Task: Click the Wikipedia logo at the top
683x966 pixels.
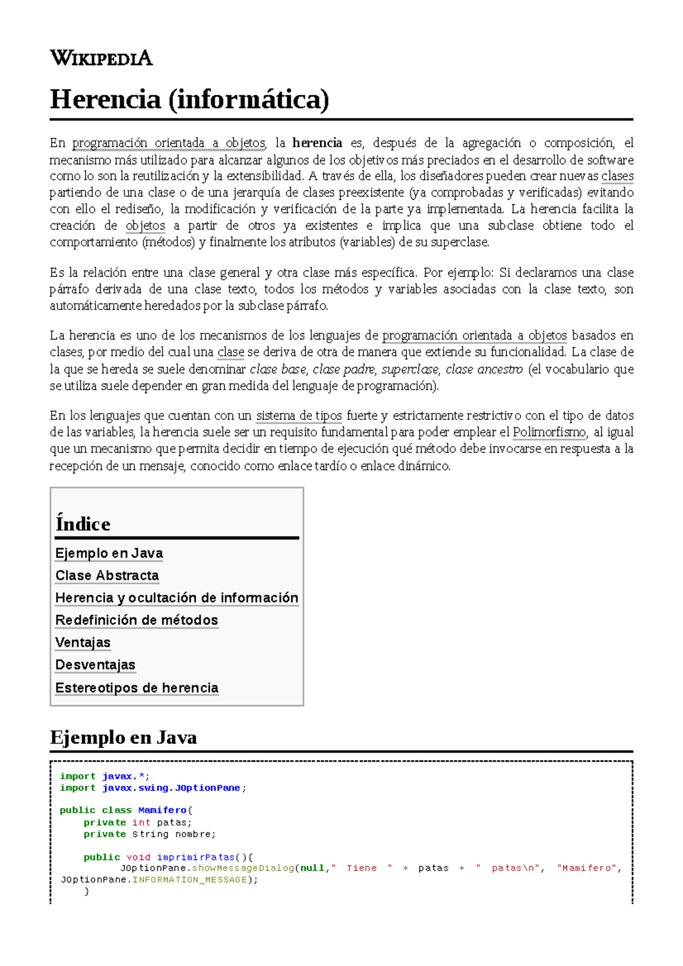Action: tap(101, 58)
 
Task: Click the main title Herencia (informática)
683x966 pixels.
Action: tap(190, 100)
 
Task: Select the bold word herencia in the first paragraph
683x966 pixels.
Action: tap(317, 143)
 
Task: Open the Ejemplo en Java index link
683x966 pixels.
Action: tap(109, 553)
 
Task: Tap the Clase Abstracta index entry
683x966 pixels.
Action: tap(107, 575)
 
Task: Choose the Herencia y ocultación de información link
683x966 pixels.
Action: tap(176, 597)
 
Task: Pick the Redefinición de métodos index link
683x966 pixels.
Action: tap(137, 620)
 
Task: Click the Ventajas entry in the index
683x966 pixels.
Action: tap(83, 642)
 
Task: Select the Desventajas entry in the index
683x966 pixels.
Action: tap(95, 664)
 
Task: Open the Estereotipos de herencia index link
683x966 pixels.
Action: tap(137, 687)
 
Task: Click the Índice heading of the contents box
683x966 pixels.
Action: tap(83, 523)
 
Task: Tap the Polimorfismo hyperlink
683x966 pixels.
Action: tap(549, 432)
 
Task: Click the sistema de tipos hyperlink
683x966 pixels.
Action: tap(299, 416)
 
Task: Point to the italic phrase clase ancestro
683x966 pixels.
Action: tap(484, 369)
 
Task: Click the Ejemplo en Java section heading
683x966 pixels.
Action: tap(124, 737)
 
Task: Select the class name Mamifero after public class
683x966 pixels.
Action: tap(162, 810)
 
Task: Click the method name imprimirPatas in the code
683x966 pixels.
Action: tap(196, 857)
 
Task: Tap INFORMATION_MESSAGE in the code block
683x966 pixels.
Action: tap(190, 880)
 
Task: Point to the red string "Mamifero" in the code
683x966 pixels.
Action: tap(586, 868)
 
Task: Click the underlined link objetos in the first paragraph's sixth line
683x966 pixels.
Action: tap(145, 226)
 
